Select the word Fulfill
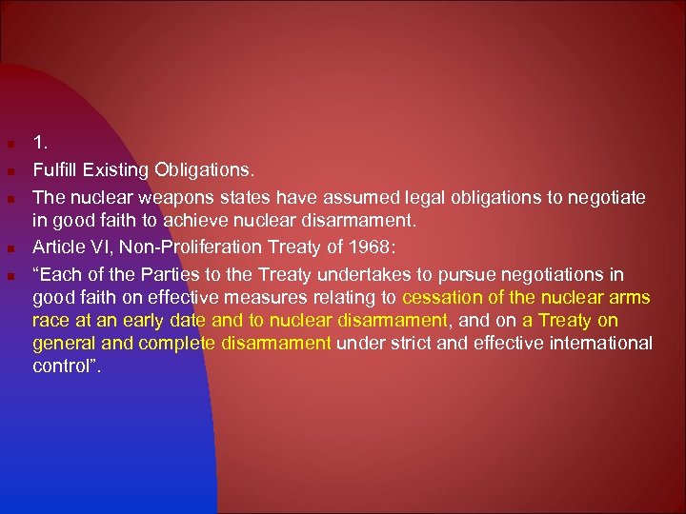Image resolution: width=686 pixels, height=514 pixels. tap(52, 171)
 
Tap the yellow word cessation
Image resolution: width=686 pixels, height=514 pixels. tap(452, 298)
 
